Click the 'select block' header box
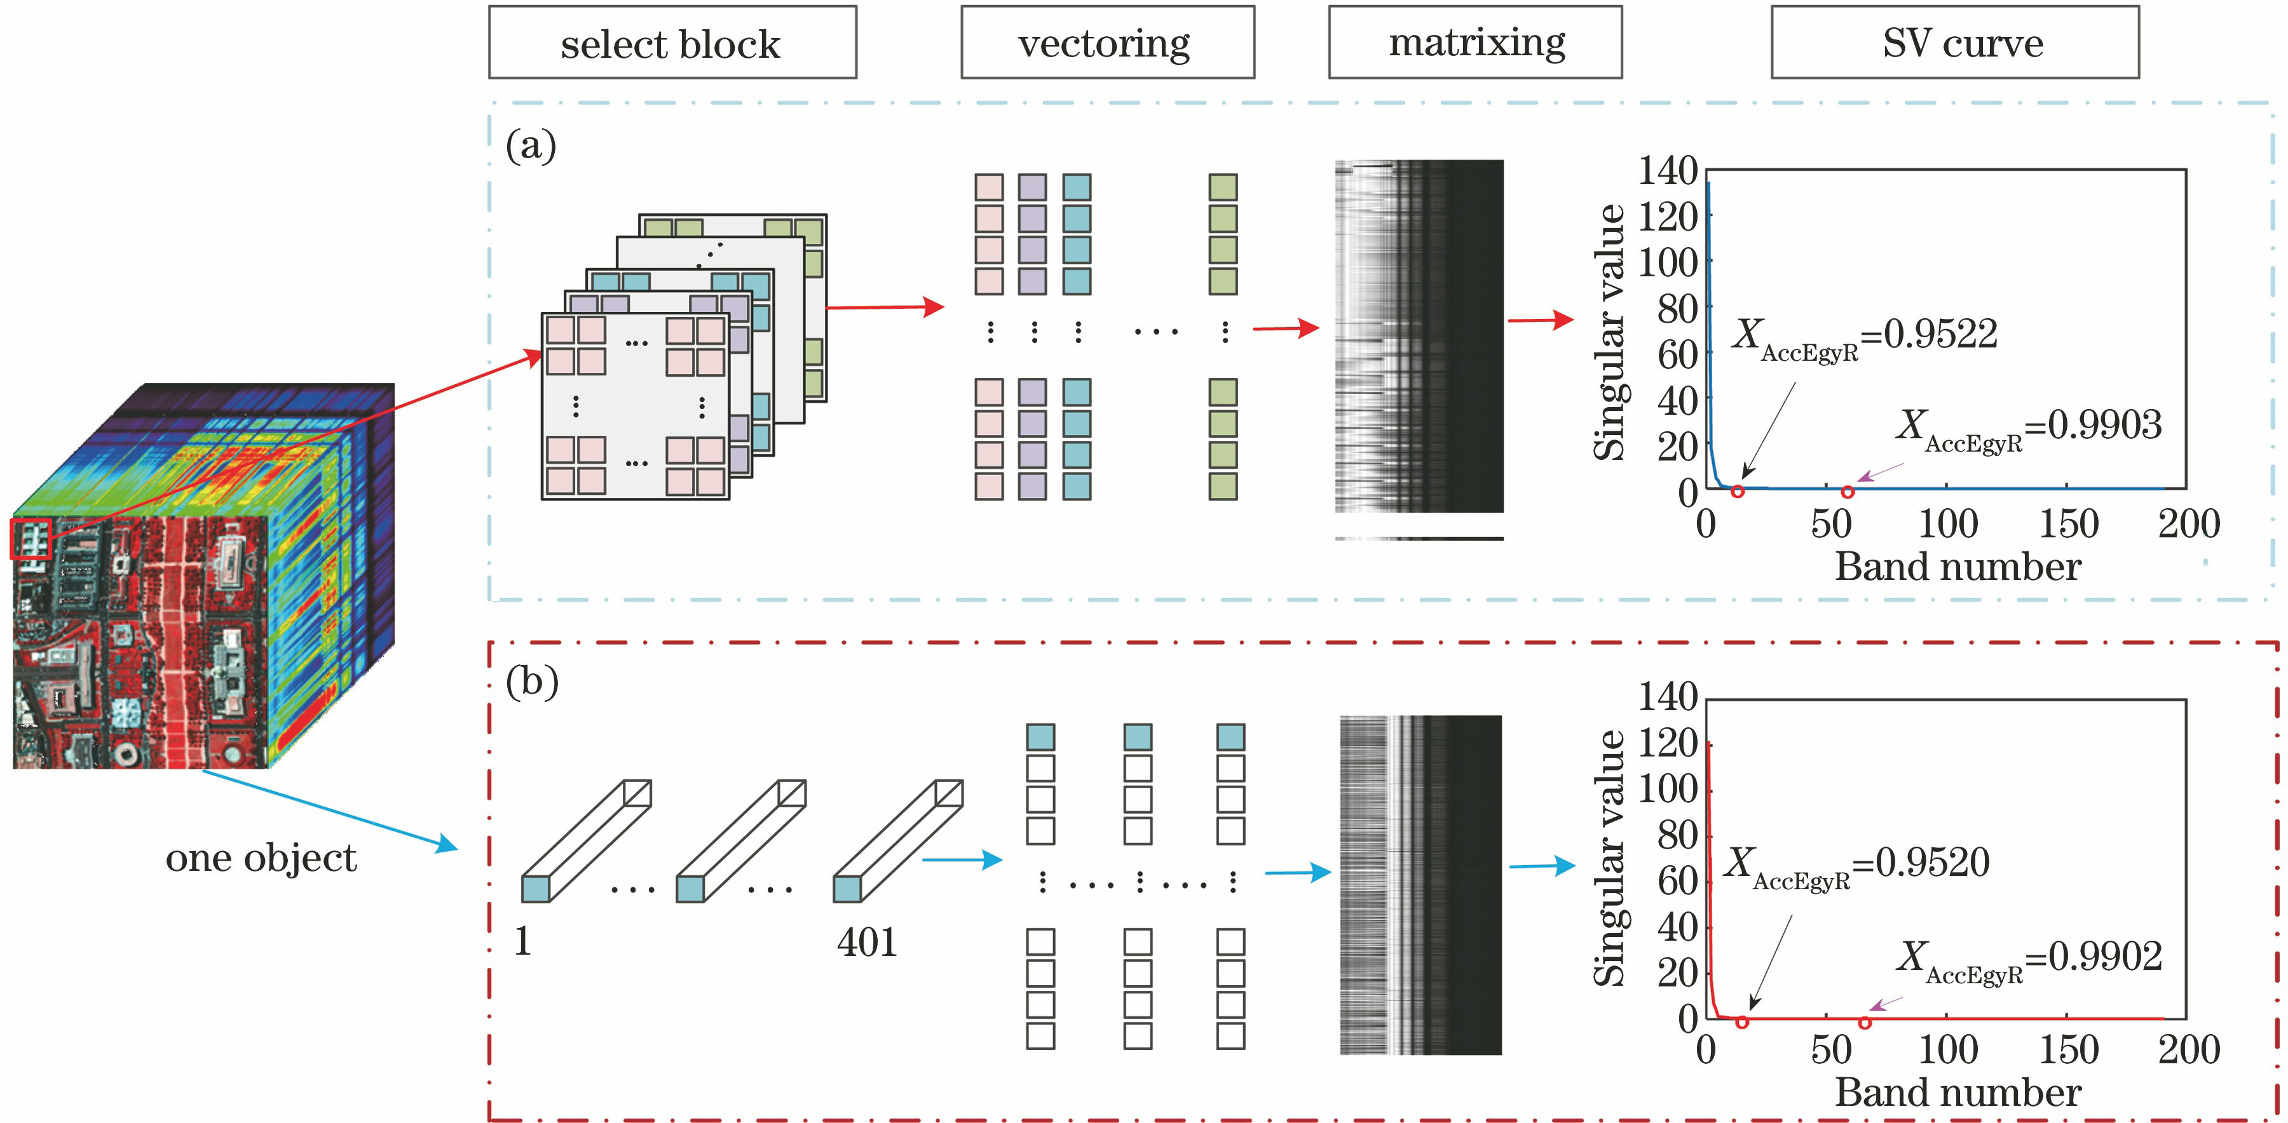click(672, 43)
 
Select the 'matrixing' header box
click(1474, 42)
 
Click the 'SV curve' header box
click(1954, 43)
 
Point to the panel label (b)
click(531, 682)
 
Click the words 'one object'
click(261, 859)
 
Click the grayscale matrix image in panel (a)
click(1419, 337)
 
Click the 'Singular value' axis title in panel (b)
click(1609, 859)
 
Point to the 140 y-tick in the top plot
click(1667, 170)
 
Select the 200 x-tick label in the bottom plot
click(2188, 1050)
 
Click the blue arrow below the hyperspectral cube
click(329, 810)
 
